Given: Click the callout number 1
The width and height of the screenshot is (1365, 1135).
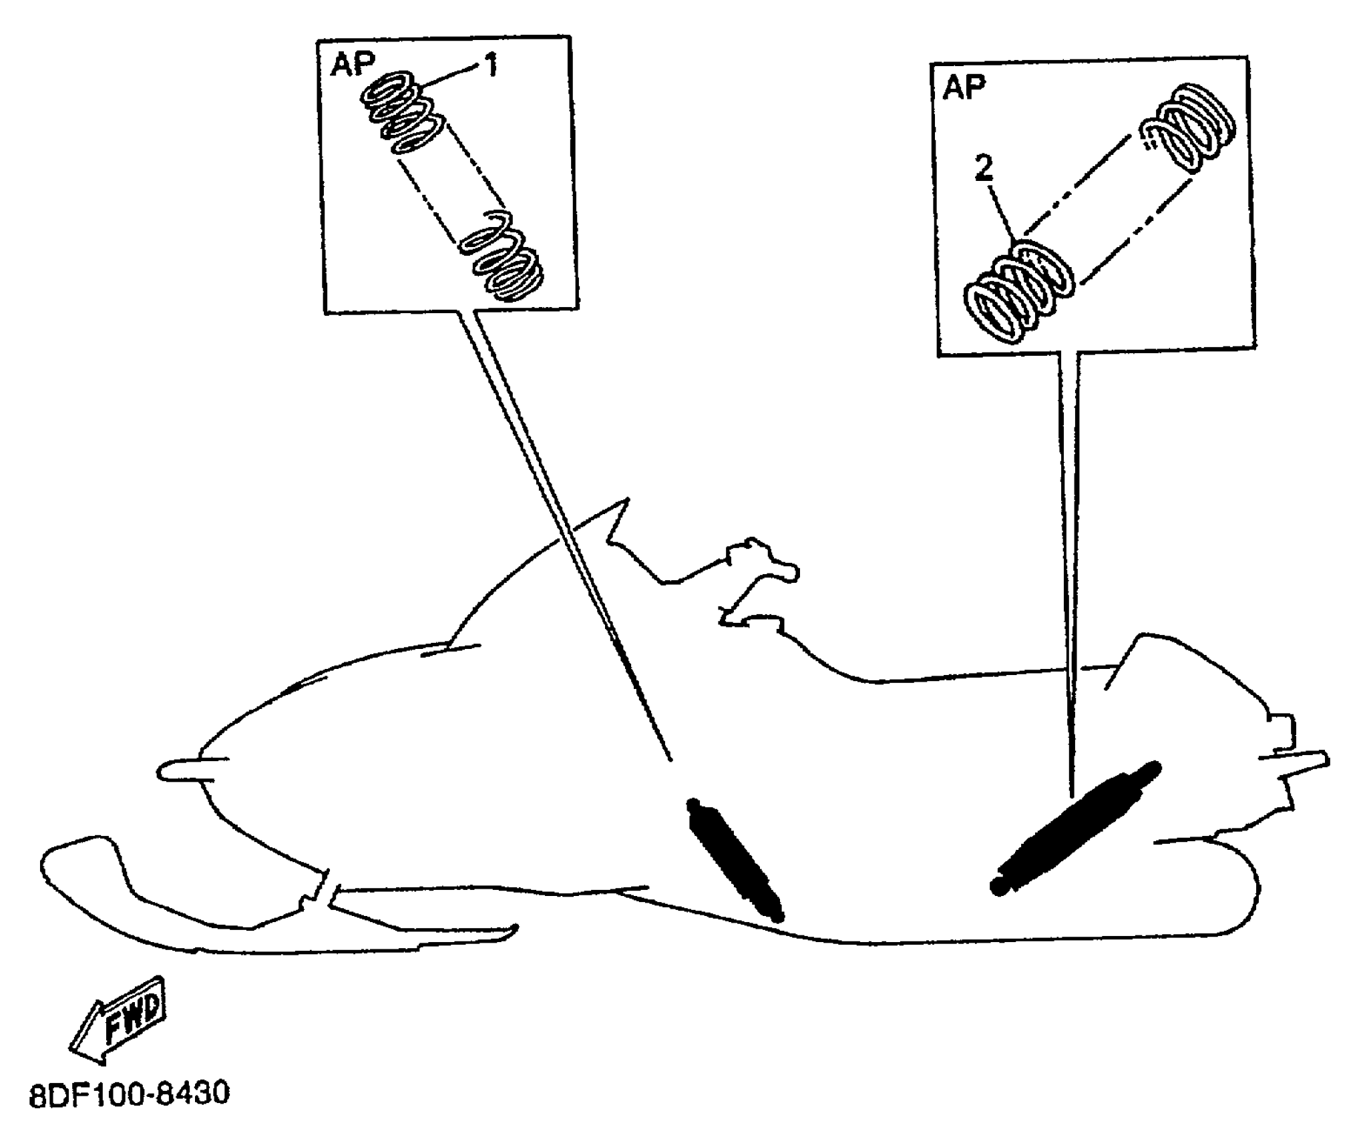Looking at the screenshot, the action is pos(491,65).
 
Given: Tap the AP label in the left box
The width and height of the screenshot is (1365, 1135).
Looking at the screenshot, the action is pos(351,65).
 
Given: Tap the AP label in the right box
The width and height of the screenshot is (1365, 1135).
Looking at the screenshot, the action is pos(964,87).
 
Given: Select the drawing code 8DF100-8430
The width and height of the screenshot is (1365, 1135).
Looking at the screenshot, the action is pos(129,1095).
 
